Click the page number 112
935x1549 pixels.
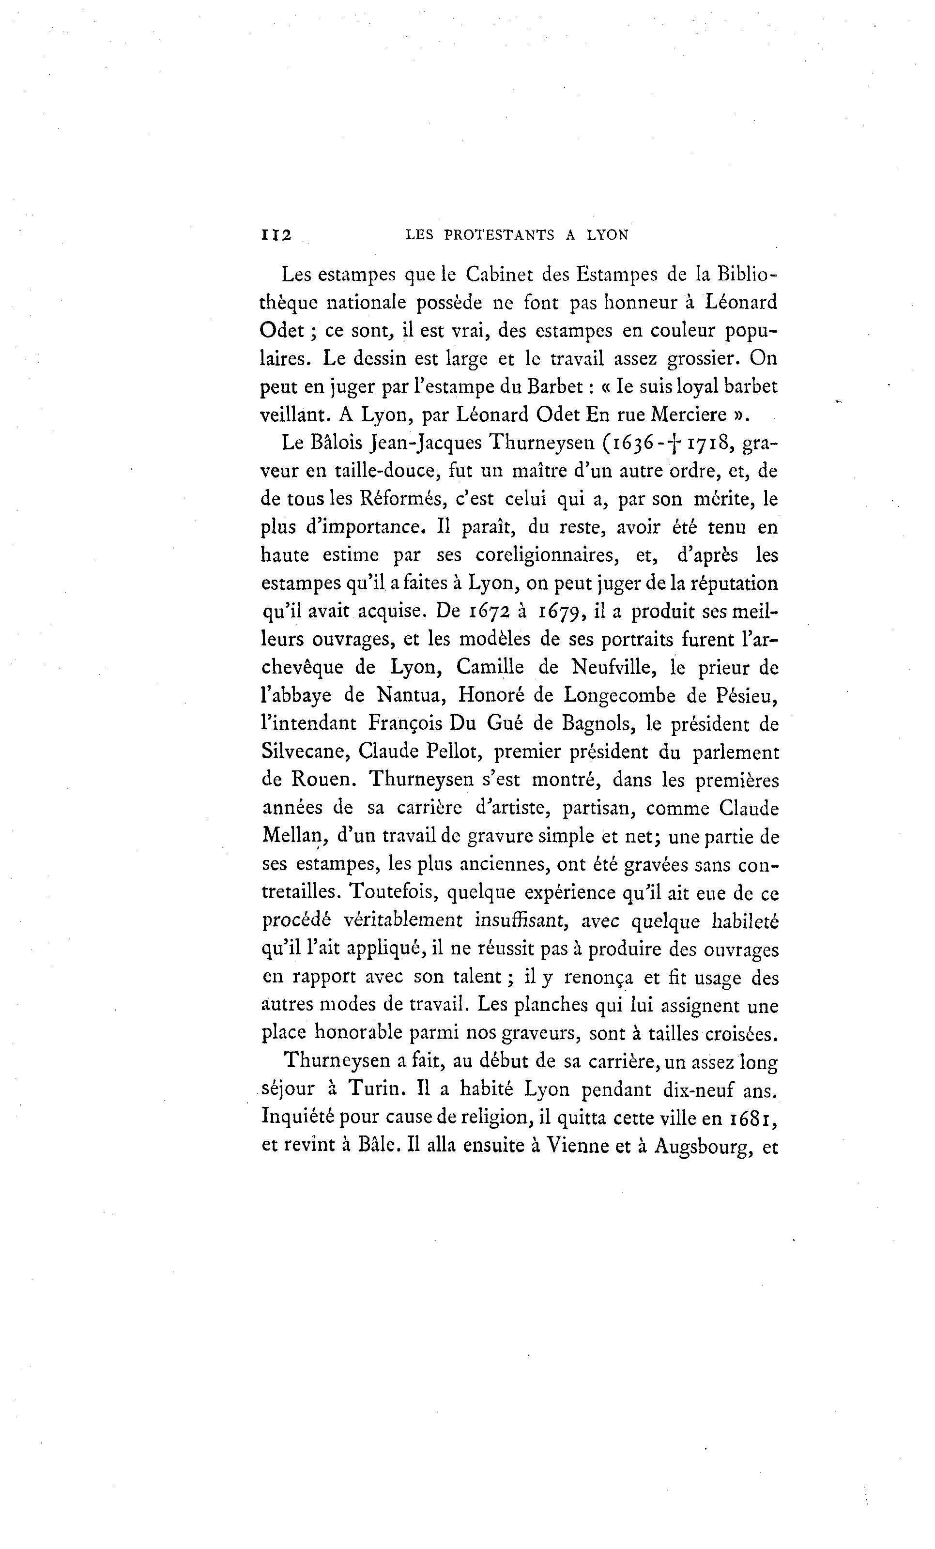(x=276, y=235)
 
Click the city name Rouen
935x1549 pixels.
(x=323, y=780)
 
